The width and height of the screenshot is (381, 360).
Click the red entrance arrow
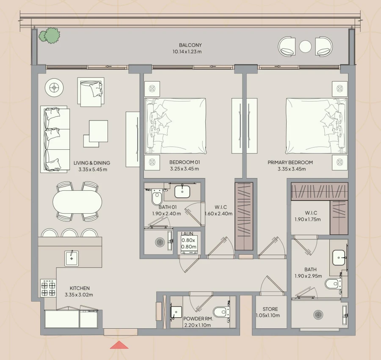click(119, 345)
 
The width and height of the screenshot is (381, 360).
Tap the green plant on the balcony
click(50, 36)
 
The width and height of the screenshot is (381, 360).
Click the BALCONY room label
click(190, 45)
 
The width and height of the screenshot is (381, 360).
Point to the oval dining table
click(77, 201)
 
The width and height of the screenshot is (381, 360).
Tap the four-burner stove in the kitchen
click(48, 288)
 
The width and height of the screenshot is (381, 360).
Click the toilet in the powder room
click(220, 312)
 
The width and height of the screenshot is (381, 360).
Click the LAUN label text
click(188, 234)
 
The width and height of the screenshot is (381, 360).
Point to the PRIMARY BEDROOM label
click(290, 162)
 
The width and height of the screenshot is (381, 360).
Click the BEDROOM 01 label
click(184, 162)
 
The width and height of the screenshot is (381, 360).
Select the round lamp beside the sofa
click(54, 88)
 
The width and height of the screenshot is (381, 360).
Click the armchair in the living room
click(91, 91)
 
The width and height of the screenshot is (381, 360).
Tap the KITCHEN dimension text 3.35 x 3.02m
click(79, 295)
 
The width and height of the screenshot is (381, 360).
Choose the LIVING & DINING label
click(92, 163)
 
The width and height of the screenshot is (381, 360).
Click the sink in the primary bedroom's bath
click(339, 256)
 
